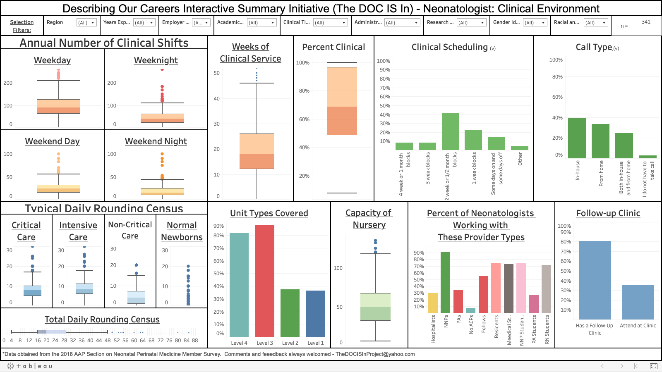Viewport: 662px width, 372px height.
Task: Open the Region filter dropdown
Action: pos(87,23)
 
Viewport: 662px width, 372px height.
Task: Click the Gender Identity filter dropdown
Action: pos(535,23)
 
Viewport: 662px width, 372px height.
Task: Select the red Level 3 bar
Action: pos(265,281)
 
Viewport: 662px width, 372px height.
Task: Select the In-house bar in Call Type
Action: pos(577,138)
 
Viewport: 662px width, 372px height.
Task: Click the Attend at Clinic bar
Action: pos(638,302)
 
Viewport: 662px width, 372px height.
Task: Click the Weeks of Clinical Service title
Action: pos(250,53)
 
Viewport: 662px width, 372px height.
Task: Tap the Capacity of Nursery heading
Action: pos(369,219)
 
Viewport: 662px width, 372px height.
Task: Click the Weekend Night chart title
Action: pos(156,141)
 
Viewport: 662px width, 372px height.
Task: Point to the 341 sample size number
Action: pos(646,22)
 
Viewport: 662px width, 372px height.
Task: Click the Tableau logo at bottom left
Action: pos(29,366)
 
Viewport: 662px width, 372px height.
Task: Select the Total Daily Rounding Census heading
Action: pos(102,320)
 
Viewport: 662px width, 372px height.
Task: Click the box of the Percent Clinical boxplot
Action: pos(342,101)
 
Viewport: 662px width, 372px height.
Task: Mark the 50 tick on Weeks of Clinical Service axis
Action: pos(217,73)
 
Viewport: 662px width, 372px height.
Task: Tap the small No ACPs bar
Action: pos(470,310)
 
